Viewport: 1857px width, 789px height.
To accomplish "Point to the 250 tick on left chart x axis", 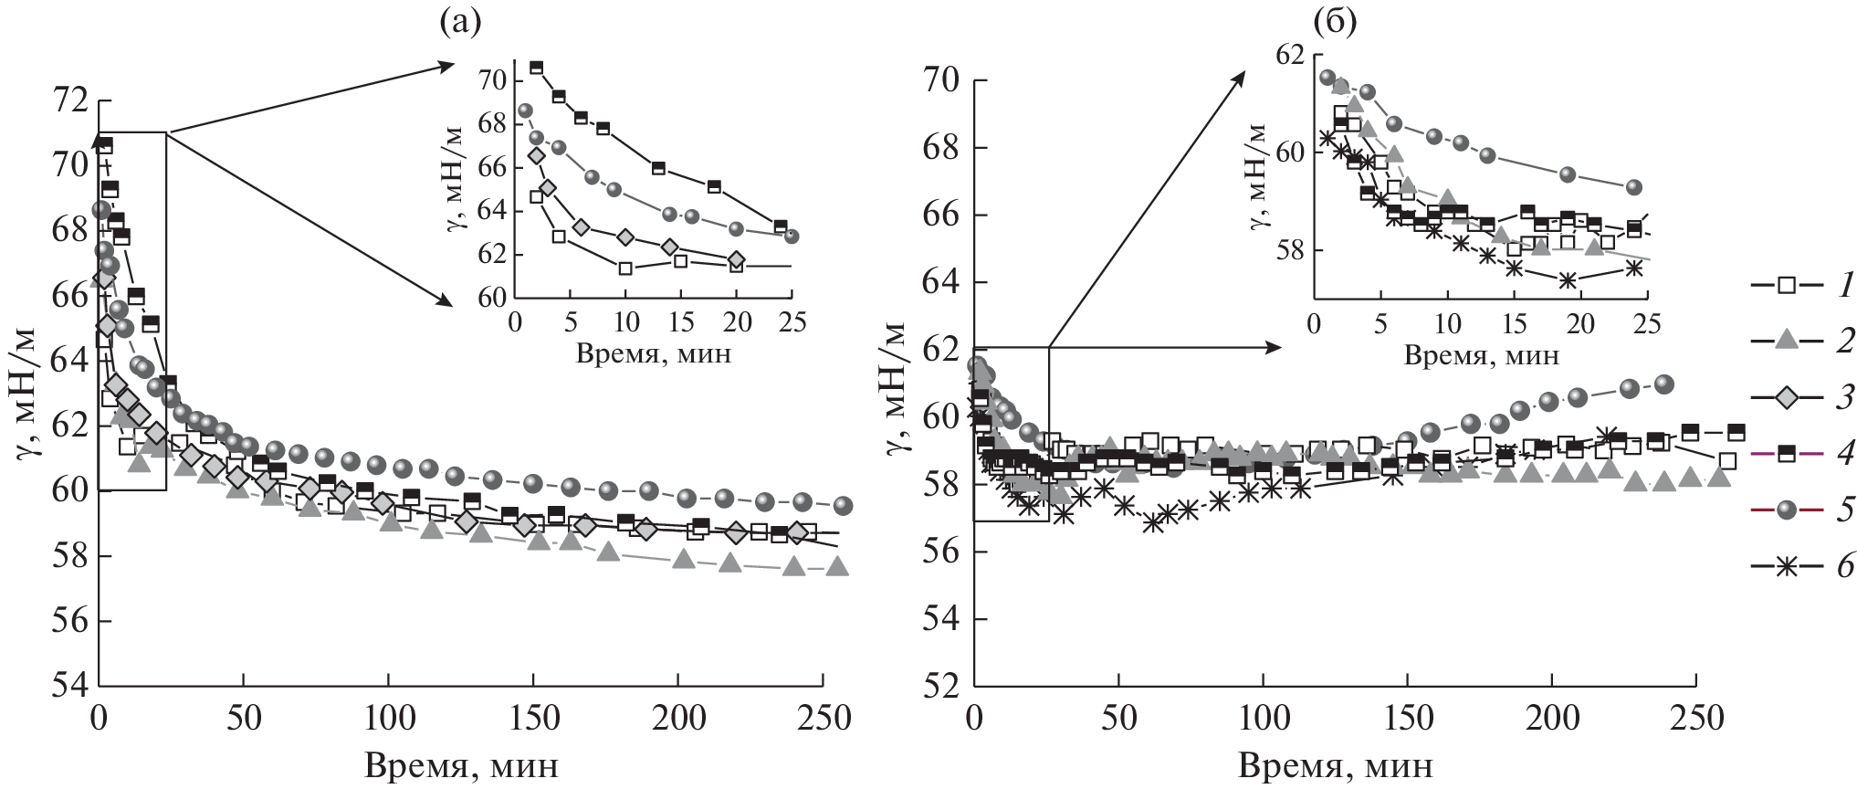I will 823,719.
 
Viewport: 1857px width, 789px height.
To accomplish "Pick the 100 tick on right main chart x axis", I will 1263,719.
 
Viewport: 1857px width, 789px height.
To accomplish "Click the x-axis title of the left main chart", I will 461,764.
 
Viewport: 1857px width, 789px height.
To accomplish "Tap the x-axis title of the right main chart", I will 1335,764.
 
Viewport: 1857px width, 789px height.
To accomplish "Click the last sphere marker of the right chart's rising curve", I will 1664,384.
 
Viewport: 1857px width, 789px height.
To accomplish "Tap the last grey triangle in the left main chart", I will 837,567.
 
